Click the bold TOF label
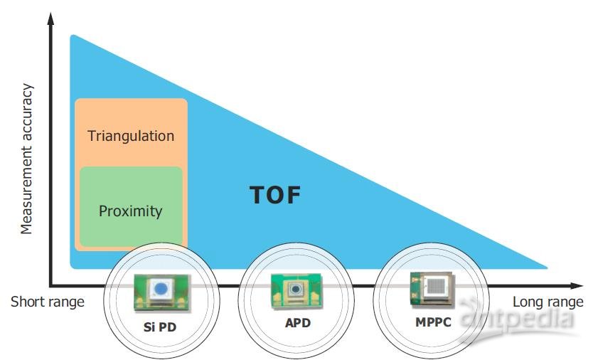coord(276,195)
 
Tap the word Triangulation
coord(131,135)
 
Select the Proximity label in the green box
coord(131,211)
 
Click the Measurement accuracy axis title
coord(27,159)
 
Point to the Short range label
coord(47,302)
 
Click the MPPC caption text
coord(432,322)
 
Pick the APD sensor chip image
coord(292,290)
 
